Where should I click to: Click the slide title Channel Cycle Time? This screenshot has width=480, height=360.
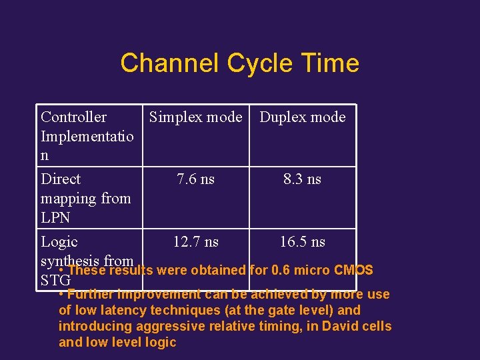tap(239, 63)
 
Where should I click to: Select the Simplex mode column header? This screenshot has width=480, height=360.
tap(195, 117)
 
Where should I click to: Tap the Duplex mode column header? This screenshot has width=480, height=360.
tap(302, 117)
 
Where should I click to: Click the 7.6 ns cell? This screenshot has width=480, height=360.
tap(195, 179)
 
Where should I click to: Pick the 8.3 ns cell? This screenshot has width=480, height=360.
tap(302, 179)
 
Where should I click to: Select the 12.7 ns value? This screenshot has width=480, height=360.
tap(195, 242)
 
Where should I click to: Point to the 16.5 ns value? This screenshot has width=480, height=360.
tap(302, 242)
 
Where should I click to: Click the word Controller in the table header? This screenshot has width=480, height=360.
tap(73, 117)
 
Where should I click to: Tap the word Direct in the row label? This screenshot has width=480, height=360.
tap(61, 179)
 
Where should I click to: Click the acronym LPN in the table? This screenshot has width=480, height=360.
tap(55, 218)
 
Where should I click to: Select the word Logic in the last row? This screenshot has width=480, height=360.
tap(59, 242)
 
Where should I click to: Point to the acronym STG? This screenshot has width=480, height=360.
tap(55, 281)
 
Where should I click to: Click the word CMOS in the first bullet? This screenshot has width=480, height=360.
tap(353, 271)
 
